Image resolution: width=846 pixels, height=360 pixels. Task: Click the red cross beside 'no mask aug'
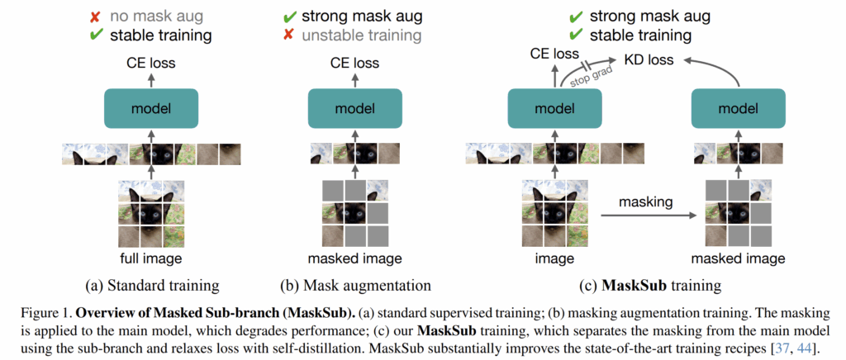[95, 17]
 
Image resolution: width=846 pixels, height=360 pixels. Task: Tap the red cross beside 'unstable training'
[289, 36]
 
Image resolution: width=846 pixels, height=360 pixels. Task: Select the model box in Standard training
[150, 108]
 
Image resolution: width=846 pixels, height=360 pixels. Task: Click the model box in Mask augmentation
[354, 108]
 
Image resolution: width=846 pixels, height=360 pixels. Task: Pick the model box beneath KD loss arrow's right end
[739, 108]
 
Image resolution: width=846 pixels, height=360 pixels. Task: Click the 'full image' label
[150, 258]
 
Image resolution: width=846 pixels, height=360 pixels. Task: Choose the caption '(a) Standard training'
[150, 285]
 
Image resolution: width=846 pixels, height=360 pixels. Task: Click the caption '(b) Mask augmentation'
[354, 285]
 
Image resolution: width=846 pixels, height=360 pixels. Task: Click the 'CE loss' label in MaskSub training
[554, 54]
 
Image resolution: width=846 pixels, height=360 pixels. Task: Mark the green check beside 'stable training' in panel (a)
[96, 35]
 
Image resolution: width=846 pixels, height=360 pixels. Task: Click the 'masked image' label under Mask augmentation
[354, 258]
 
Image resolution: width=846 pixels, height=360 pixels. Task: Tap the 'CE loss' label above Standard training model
[150, 63]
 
